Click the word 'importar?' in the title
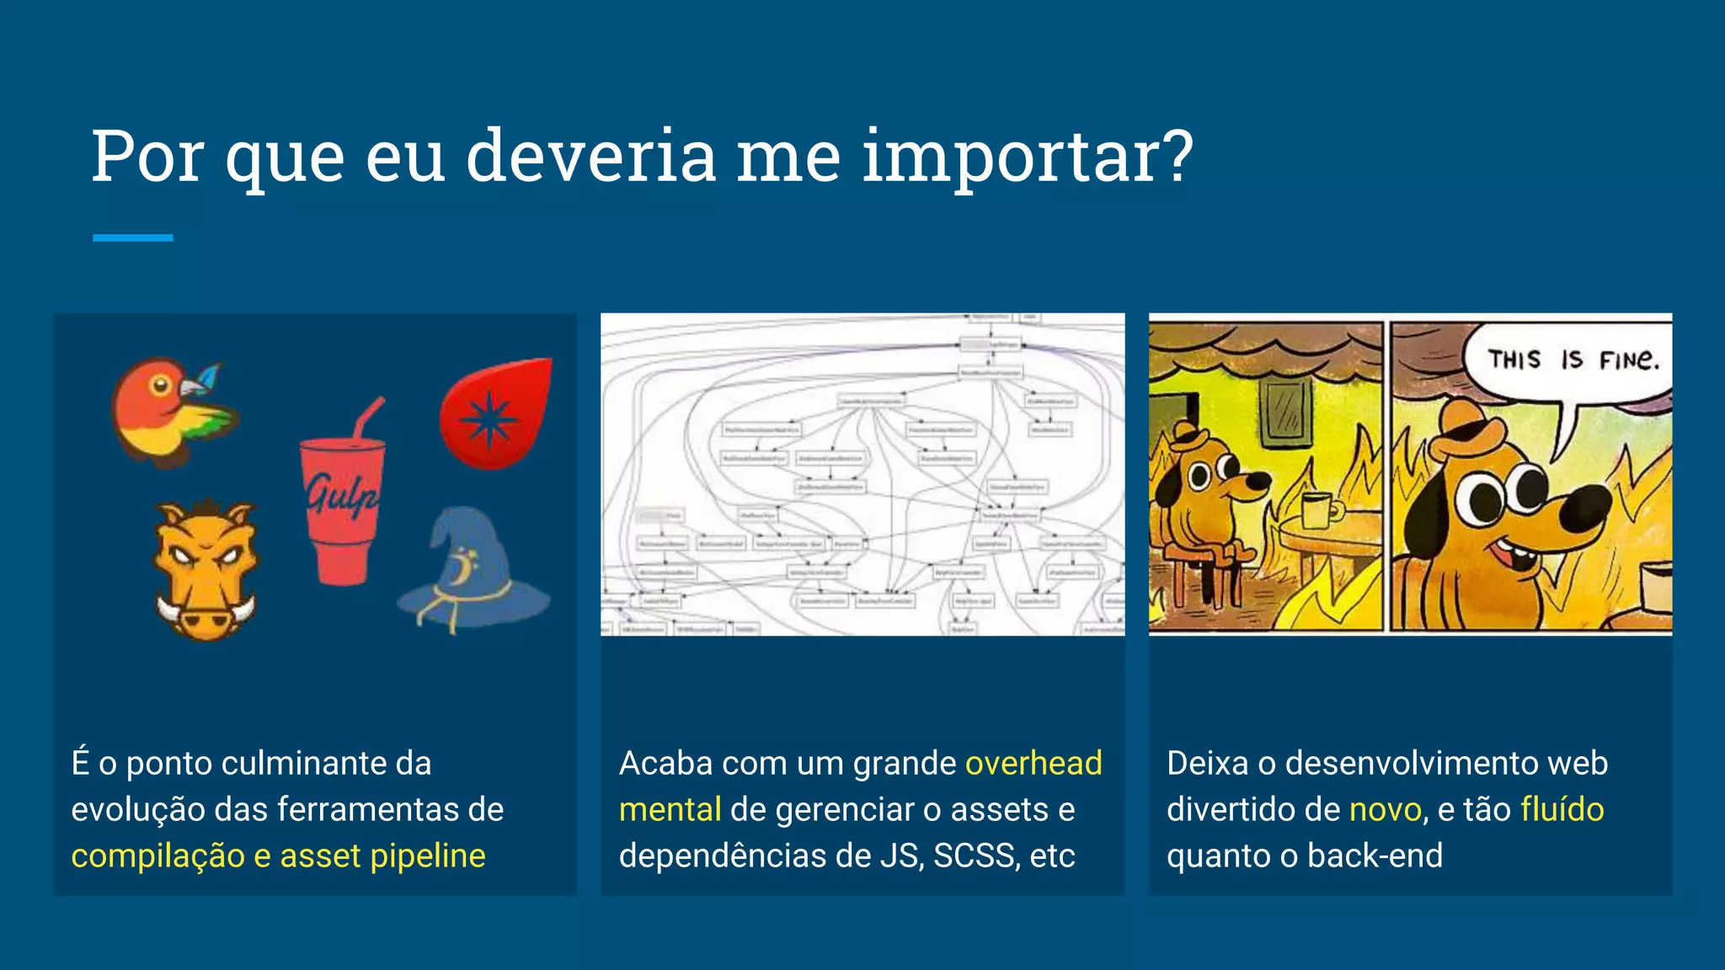coord(1028,157)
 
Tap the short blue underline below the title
coord(132,238)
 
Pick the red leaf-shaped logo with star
coord(497,413)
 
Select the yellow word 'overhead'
coord(1033,763)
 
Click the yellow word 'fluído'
coord(1562,809)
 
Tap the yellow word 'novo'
coord(1386,809)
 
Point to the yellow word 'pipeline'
coord(428,855)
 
